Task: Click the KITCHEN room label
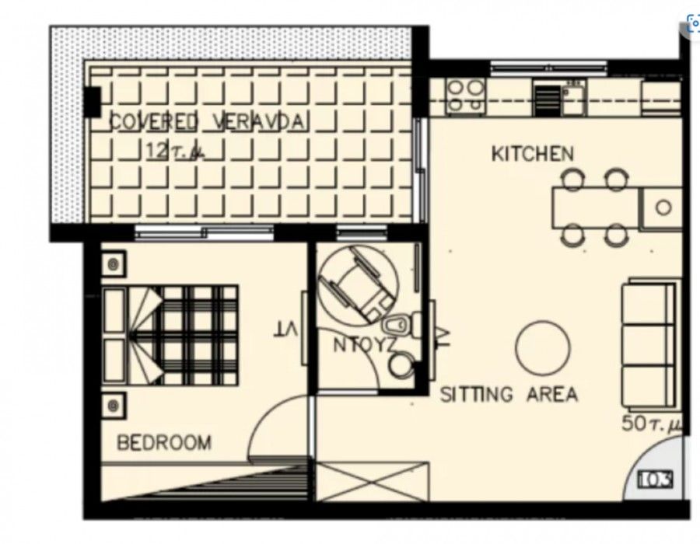(532, 154)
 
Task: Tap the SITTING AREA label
(509, 394)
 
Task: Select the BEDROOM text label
(163, 443)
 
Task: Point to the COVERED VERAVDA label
(208, 122)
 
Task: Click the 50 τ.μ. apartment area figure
(651, 424)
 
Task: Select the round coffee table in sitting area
(543, 347)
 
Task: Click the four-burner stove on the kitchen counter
(464, 96)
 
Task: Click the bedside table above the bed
(114, 264)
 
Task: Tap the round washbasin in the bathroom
(401, 365)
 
